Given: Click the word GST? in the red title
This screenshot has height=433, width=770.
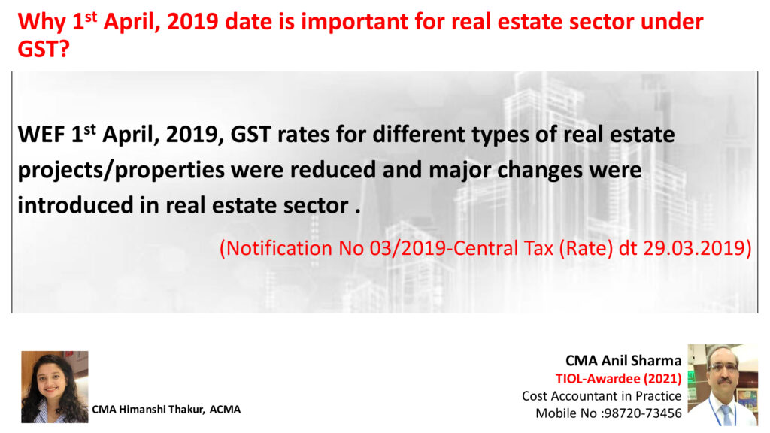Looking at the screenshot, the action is click(44, 49).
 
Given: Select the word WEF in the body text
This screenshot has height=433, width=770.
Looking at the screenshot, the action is click(41, 134).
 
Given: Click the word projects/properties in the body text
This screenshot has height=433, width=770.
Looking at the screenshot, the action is click(121, 171).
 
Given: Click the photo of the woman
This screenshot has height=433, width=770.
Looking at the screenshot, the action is click(54, 387).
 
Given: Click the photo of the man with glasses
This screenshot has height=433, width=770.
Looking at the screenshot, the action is click(723, 384).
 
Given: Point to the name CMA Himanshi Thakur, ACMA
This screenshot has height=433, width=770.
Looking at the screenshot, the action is click(166, 410).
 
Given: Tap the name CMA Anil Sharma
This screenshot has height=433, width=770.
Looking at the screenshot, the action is click(623, 361).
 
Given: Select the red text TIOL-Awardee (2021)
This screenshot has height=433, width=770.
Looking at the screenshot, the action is click(618, 379).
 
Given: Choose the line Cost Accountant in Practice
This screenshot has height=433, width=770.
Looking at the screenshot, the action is click(602, 395).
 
